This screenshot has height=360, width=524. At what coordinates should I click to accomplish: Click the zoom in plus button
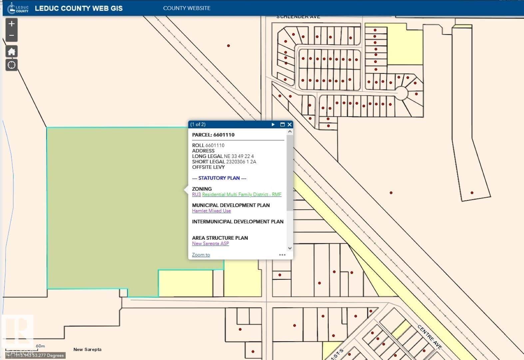click(x=12, y=24)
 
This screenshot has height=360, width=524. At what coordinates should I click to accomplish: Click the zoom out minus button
click(x=12, y=35)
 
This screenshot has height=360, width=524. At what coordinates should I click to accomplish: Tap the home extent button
click(x=12, y=52)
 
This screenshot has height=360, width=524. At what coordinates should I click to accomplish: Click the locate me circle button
click(x=12, y=65)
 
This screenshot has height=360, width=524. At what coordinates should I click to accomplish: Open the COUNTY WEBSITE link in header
click(x=187, y=8)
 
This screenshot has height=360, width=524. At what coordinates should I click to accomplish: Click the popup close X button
click(x=289, y=125)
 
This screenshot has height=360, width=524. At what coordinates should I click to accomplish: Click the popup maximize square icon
click(x=282, y=125)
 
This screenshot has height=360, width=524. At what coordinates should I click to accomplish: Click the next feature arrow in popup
click(x=273, y=125)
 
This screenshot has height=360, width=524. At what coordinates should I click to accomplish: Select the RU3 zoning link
click(x=196, y=194)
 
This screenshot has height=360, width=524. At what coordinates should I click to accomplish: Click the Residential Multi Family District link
click(x=242, y=194)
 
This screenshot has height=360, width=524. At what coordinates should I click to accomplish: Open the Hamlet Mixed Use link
click(x=211, y=211)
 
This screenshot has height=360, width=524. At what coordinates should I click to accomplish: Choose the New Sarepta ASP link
click(x=210, y=243)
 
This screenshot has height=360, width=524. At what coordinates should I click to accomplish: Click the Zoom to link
click(x=201, y=255)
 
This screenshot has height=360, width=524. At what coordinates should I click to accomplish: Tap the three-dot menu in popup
click(x=282, y=255)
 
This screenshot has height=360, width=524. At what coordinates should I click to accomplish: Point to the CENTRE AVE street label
click(x=429, y=337)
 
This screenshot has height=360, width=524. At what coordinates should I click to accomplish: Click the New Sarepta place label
click(x=87, y=349)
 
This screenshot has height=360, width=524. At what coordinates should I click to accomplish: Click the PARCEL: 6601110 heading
click(x=213, y=135)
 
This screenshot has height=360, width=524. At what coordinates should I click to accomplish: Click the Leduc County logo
click(x=18, y=8)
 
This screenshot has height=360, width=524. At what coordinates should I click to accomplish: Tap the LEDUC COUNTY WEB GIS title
click(x=79, y=8)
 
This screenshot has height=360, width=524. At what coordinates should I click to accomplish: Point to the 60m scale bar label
click(x=40, y=346)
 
